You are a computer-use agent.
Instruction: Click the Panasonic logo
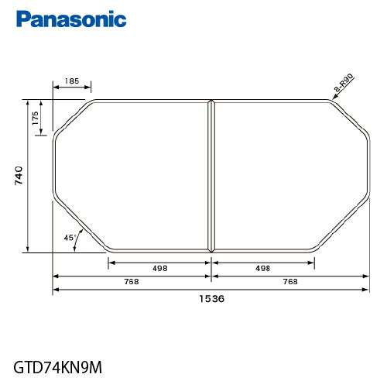point(71,19)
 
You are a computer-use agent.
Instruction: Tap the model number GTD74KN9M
point(58,367)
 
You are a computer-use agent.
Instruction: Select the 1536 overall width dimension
point(211,299)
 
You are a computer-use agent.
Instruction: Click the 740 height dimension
point(19,176)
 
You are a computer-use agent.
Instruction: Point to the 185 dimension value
point(72,81)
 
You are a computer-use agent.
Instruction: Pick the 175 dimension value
point(35,118)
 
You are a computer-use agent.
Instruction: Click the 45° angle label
point(70,238)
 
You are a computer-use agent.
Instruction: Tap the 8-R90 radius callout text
point(344,83)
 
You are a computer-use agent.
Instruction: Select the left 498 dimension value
point(160,269)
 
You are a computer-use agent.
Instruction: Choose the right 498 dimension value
point(263,269)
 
